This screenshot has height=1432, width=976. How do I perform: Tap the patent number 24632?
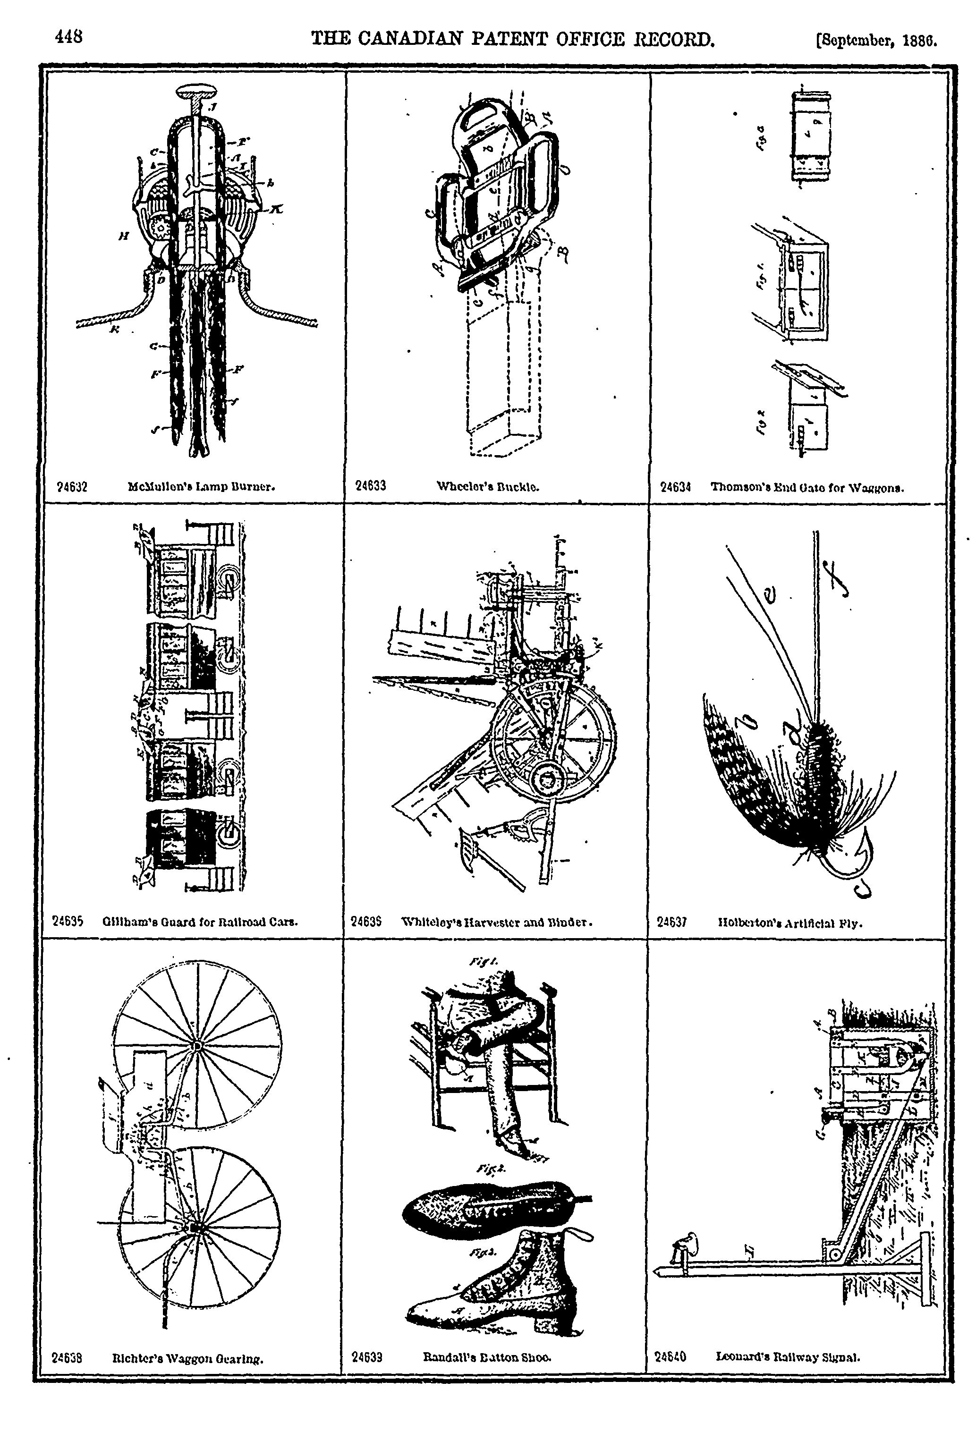tap(72, 486)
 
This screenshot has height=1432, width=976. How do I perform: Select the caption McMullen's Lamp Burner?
tap(201, 486)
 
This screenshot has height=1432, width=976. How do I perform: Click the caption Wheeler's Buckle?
tap(488, 486)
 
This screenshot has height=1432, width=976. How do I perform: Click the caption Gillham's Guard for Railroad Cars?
tap(200, 923)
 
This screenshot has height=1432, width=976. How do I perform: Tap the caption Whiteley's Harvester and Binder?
tap(497, 923)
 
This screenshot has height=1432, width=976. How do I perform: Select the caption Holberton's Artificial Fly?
tap(790, 923)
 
